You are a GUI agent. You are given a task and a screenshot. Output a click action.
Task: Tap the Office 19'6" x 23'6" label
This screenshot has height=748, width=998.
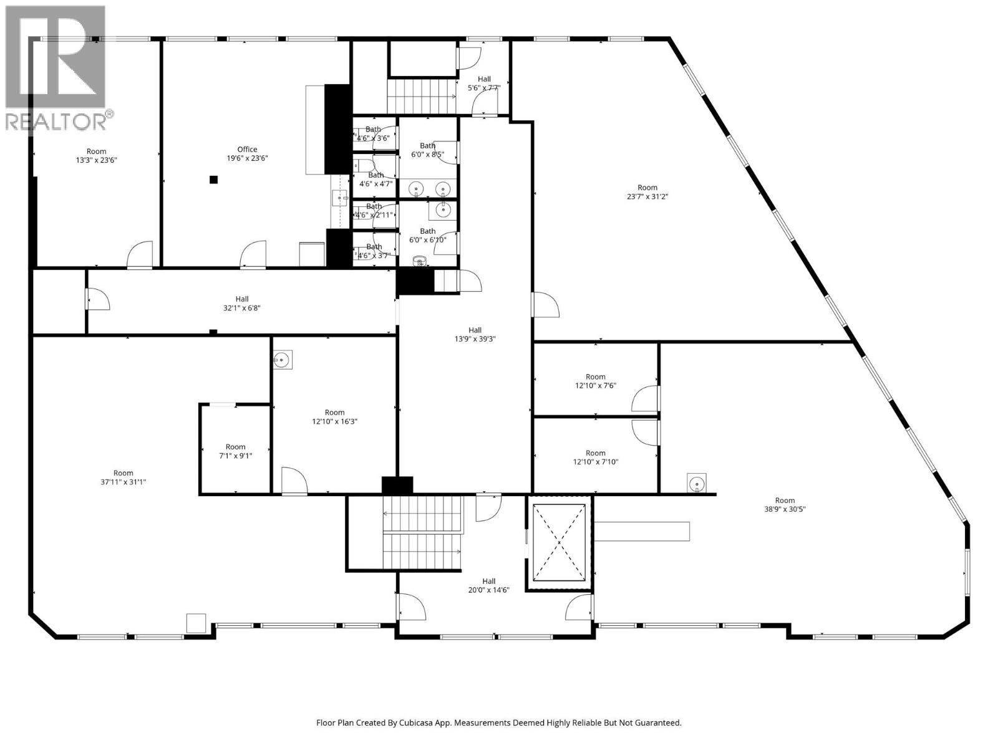click(247, 154)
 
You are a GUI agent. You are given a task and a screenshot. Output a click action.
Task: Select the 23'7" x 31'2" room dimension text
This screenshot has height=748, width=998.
click(647, 196)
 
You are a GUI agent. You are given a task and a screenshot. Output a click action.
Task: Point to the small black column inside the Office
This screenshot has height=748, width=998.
click(214, 180)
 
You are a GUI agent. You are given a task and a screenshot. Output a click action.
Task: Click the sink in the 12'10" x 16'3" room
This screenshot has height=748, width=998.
click(283, 360)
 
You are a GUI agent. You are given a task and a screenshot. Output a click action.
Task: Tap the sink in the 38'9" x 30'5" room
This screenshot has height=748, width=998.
click(696, 482)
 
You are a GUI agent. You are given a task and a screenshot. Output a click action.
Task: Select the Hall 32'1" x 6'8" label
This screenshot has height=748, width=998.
click(241, 303)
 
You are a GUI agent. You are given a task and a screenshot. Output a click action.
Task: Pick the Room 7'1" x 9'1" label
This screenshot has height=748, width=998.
click(235, 451)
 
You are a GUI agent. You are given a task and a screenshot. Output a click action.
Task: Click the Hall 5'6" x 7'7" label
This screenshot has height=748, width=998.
click(484, 84)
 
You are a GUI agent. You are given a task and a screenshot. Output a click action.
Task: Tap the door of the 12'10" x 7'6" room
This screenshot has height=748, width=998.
click(646, 399)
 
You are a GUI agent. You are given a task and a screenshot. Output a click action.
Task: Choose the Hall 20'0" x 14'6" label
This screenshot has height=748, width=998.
click(488, 585)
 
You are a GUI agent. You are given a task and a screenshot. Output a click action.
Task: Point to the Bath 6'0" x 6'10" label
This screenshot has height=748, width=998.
click(427, 235)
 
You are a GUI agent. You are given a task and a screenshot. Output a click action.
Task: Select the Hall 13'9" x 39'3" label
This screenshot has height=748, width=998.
click(475, 335)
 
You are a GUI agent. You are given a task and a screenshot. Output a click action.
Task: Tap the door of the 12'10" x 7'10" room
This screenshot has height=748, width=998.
click(646, 432)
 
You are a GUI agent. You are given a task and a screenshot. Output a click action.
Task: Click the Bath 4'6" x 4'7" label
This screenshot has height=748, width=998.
click(376, 180)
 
